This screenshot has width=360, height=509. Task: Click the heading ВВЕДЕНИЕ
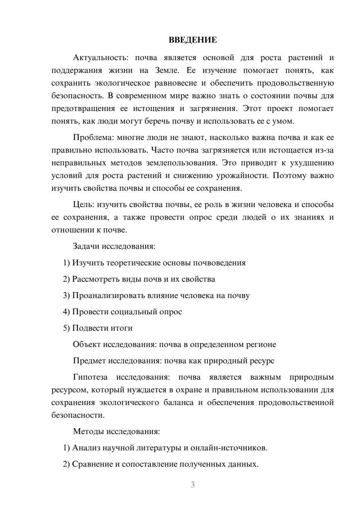(x=193, y=40)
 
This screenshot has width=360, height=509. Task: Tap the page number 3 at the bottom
(x=193, y=485)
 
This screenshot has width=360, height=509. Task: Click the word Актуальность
(x=99, y=58)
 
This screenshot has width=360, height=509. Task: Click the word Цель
(x=84, y=204)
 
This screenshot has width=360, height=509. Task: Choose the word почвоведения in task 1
(x=219, y=263)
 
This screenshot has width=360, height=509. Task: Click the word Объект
(x=87, y=344)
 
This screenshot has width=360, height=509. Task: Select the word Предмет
(x=89, y=361)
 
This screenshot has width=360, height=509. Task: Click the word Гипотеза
(x=90, y=377)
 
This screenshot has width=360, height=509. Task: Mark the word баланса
(x=179, y=402)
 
